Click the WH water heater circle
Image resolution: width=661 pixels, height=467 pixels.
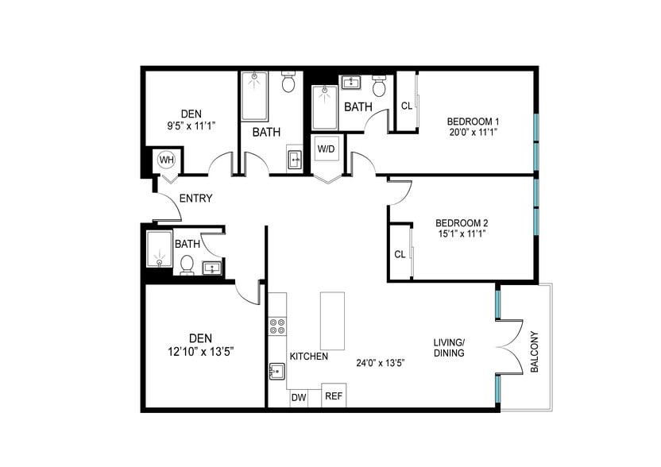point(167,160)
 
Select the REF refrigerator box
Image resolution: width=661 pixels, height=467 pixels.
point(334,396)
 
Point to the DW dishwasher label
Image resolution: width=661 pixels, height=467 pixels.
point(299,397)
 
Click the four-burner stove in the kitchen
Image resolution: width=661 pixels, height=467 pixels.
point(277,326)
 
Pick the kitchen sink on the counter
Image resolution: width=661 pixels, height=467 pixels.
point(277,372)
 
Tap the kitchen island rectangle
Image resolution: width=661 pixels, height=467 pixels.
point(332,321)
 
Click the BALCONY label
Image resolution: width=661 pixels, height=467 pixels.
point(535,353)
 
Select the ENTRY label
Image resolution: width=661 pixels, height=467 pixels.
point(195,198)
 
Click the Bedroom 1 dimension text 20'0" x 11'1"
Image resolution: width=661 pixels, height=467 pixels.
point(474,132)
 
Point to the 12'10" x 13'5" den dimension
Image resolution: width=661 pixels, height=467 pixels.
point(201,351)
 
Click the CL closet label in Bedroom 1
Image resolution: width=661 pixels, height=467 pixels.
point(407,106)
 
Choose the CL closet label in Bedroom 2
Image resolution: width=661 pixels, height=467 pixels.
point(400,255)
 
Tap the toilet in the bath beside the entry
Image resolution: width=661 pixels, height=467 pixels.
point(187,264)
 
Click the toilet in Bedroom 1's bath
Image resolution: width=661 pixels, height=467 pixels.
point(379,86)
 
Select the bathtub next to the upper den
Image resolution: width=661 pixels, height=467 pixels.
point(254,96)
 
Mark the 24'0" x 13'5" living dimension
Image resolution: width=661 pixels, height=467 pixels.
point(381,363)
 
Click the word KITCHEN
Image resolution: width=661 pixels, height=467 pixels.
point(308,356)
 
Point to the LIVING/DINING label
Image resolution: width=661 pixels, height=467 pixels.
point(449,348)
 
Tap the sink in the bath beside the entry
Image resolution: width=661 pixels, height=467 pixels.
point(212,268)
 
